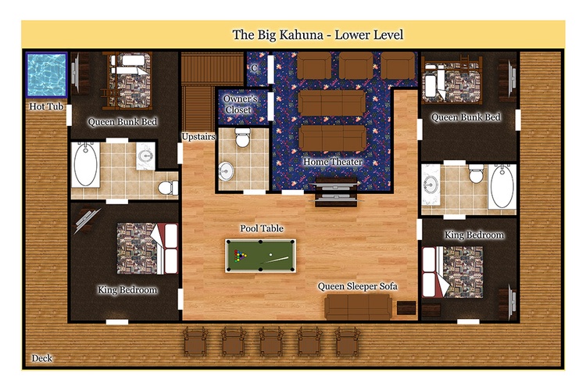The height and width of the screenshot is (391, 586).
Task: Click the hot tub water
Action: (46, 75)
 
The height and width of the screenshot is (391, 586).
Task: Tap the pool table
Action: (260, 256)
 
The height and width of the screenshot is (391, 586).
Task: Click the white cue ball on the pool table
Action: (270, 254)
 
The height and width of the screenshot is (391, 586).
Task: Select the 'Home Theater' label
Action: (332, 162)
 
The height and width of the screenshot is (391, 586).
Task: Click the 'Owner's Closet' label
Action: (241, 104)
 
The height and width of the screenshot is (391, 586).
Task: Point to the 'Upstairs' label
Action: (198, 137)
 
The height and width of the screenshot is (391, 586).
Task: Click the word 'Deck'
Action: (42, 358)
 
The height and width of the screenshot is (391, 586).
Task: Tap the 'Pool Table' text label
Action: (262, 228)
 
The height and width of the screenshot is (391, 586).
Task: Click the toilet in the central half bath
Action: (242, 138)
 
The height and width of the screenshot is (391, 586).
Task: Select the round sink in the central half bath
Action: (225, 171)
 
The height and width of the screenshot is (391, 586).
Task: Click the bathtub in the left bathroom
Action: (86, 165)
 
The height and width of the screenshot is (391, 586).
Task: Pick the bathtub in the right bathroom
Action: (502, 187)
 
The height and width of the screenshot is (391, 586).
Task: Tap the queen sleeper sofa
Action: (359, 307)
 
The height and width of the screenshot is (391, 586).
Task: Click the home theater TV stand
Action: (336, 192)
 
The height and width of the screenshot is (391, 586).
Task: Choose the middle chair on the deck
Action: (271, 340)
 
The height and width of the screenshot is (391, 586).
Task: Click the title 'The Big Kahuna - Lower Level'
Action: (318, 34)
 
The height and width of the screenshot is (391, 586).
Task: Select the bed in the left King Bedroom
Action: (147, 249)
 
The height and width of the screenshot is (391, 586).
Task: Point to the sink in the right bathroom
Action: (431, 185)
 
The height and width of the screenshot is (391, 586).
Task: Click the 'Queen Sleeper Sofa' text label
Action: (357, 286)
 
